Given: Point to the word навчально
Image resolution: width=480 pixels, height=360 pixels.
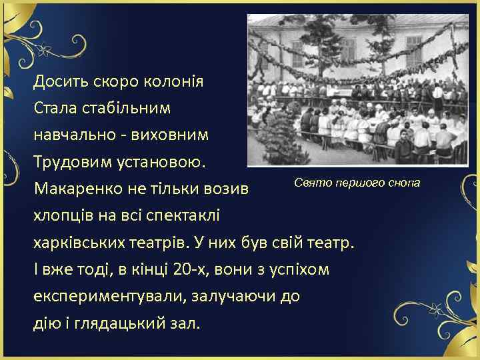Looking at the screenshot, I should (71, 134).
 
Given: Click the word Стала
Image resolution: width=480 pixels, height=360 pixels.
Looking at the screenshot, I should (54, 107).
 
